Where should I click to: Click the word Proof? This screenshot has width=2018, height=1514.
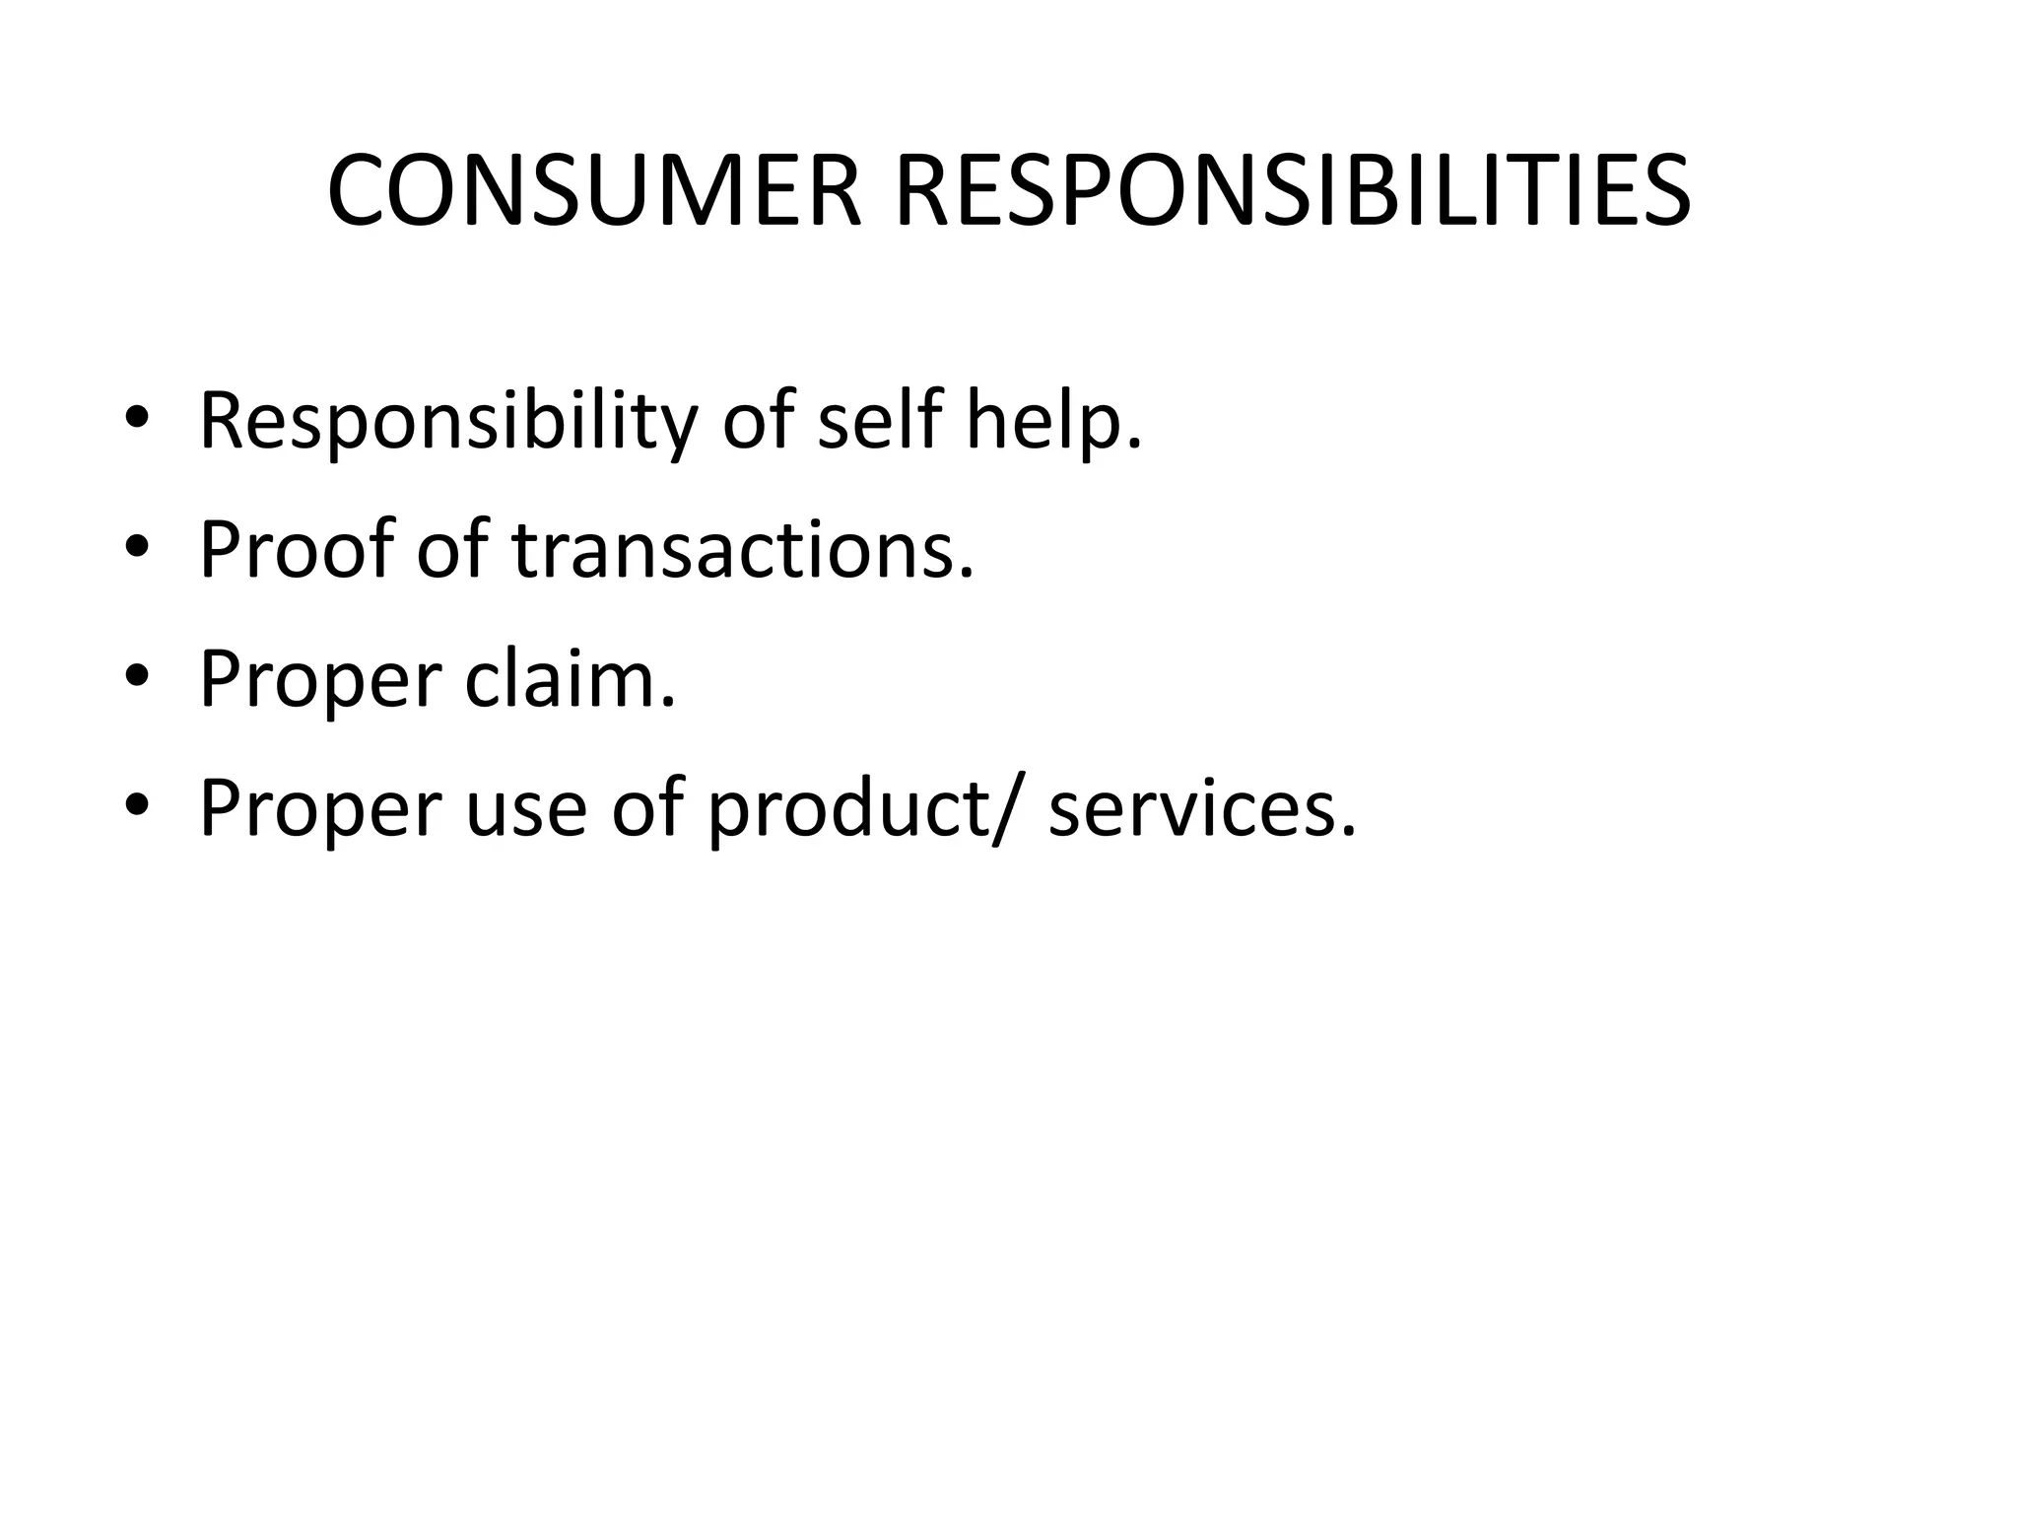tap(295, 549)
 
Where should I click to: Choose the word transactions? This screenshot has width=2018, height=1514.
tap(742, 549)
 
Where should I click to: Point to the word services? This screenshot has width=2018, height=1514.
tap(1202, 808)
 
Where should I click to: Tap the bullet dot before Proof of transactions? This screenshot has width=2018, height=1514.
tap(137, 549)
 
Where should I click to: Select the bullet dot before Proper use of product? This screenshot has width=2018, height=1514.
tap(137, 807)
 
